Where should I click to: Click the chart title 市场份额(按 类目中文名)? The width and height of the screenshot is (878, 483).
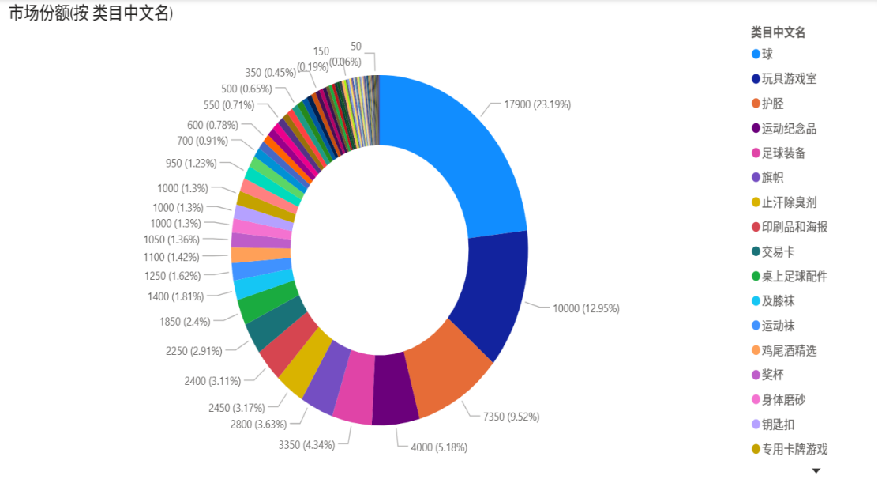[x=91, y=14]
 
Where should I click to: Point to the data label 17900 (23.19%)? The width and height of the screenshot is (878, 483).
[x=537, y=104]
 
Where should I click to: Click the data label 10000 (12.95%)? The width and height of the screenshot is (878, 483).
[x=586, y=308]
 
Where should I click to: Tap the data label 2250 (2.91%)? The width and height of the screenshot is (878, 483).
[x=193, y=351]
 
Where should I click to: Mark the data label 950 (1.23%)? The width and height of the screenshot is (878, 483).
[x=192, y=164]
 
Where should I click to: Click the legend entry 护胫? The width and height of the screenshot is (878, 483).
[x=773, y=104]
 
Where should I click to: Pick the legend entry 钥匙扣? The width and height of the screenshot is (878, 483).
[x=779, y=425]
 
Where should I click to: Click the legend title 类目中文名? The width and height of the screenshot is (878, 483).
[x=778, y=32]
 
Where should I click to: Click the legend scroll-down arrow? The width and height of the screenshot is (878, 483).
[x=816, y=470]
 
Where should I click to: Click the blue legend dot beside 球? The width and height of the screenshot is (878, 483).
[x=756, y=54]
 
